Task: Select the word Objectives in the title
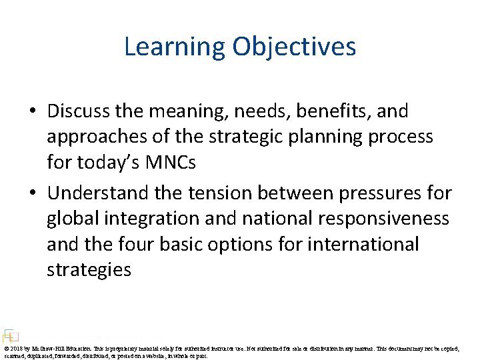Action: pos(294,47)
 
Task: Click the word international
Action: pos(363,244)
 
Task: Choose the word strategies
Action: pos(89,269)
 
